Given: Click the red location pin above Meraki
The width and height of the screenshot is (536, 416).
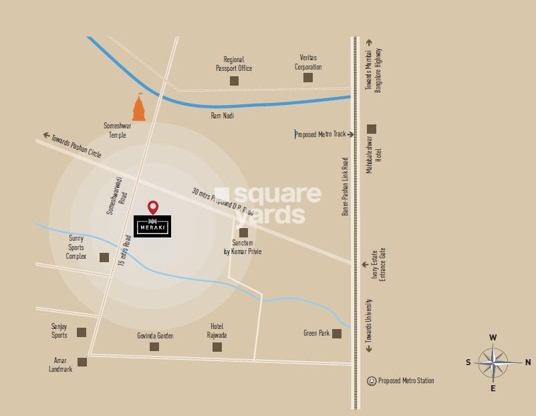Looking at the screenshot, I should [153, 207].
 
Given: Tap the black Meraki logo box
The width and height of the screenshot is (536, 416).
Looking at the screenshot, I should [153, 226].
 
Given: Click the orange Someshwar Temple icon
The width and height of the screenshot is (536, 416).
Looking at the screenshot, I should [139, 108].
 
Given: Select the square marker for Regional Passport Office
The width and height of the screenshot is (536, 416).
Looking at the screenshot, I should [234, 80].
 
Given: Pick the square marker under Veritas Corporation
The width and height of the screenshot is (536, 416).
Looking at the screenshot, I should [308, 78].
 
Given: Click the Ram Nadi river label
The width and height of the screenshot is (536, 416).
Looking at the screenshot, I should [223, 116].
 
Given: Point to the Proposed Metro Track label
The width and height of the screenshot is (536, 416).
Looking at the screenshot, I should [321, 134].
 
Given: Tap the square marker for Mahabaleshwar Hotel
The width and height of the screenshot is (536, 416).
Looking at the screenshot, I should [372, 128].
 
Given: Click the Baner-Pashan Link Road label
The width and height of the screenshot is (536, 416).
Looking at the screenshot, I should [346, 186].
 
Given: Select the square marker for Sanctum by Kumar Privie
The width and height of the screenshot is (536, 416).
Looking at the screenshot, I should [243, 232].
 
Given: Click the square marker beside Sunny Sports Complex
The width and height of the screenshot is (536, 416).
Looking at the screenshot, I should [104, 257].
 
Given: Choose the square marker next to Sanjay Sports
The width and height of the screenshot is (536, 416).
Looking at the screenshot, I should [82, 332].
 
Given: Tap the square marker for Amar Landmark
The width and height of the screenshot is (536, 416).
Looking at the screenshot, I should [82, 362].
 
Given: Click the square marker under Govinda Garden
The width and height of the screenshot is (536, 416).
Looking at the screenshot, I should [154, 346].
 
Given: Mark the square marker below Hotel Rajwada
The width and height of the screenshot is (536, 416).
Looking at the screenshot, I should [217, 346].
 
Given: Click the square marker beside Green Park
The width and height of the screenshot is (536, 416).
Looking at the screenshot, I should [337, 333].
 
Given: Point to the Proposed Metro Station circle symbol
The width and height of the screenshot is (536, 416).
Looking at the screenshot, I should [372, 381].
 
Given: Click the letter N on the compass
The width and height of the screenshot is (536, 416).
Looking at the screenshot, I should [528, 362].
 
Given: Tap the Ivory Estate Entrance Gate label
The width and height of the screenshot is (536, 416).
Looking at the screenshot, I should [378, 264].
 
